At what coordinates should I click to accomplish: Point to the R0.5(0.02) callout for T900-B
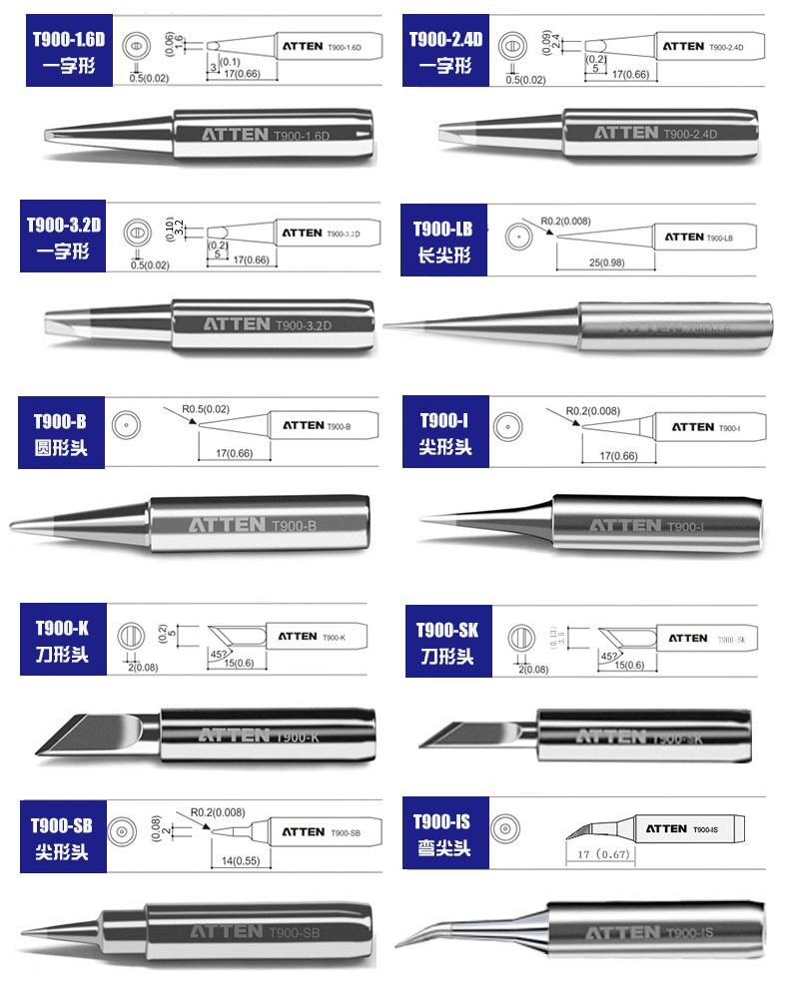tap(206, 408)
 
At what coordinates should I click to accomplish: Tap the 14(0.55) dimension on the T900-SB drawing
tap(235, 859)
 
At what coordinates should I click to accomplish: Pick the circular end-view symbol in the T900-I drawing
tap(509, 429)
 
